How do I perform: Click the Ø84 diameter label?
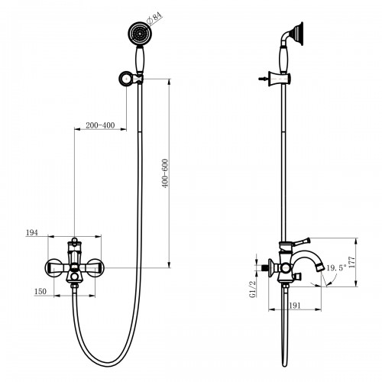[154, 18]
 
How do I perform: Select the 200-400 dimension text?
[100, 125]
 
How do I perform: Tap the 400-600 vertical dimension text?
[165, 173]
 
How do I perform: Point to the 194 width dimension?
[32, 232]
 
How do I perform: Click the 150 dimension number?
[40, 291]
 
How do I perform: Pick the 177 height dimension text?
[351, 262]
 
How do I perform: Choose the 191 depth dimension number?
[295, 306]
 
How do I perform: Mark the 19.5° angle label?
[337, 268]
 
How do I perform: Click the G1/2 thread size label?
[252, 290]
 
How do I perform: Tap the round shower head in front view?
[138, 33]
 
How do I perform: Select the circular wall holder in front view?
[126, 79]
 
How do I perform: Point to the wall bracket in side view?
[280, 79]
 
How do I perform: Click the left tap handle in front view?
[54, 267]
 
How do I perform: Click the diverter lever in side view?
[301, 241]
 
